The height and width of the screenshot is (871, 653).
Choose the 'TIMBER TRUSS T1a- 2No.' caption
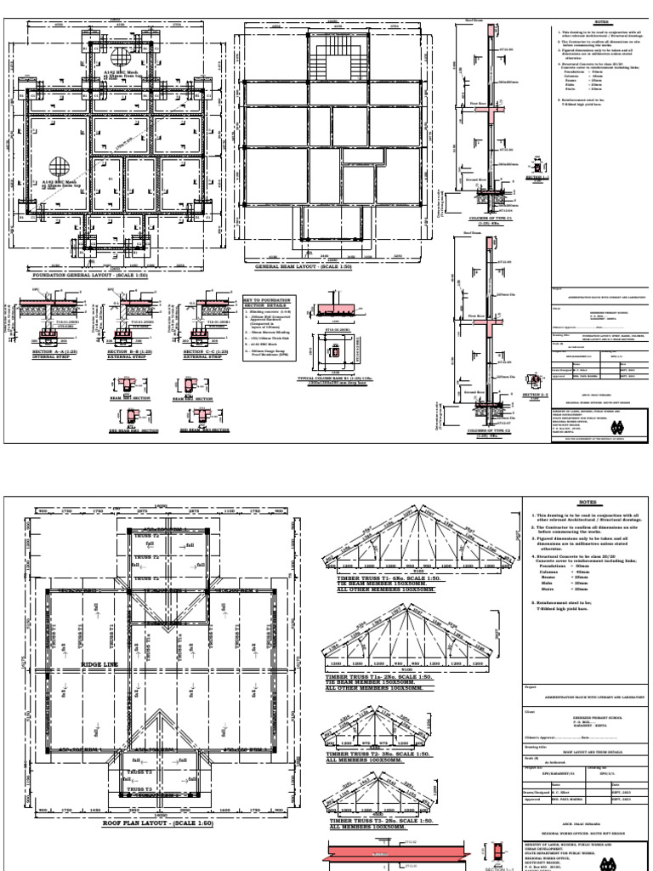374,677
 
